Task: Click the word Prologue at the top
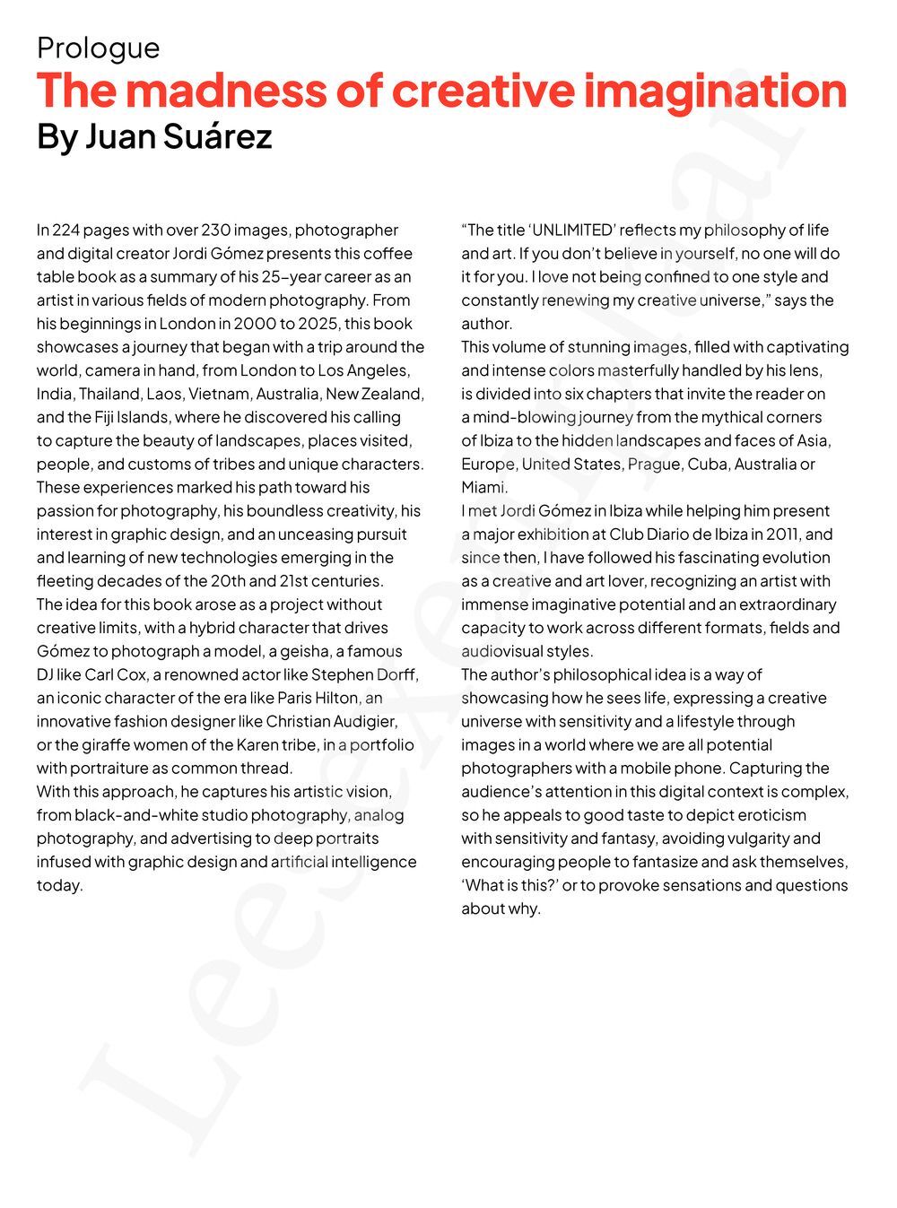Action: (x=98, y=48)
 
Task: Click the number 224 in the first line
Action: (x=65, y=230)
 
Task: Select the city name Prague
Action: (x=653, y=464)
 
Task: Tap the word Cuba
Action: (x=707, y=464)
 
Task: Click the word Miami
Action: (x=483, y=487)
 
